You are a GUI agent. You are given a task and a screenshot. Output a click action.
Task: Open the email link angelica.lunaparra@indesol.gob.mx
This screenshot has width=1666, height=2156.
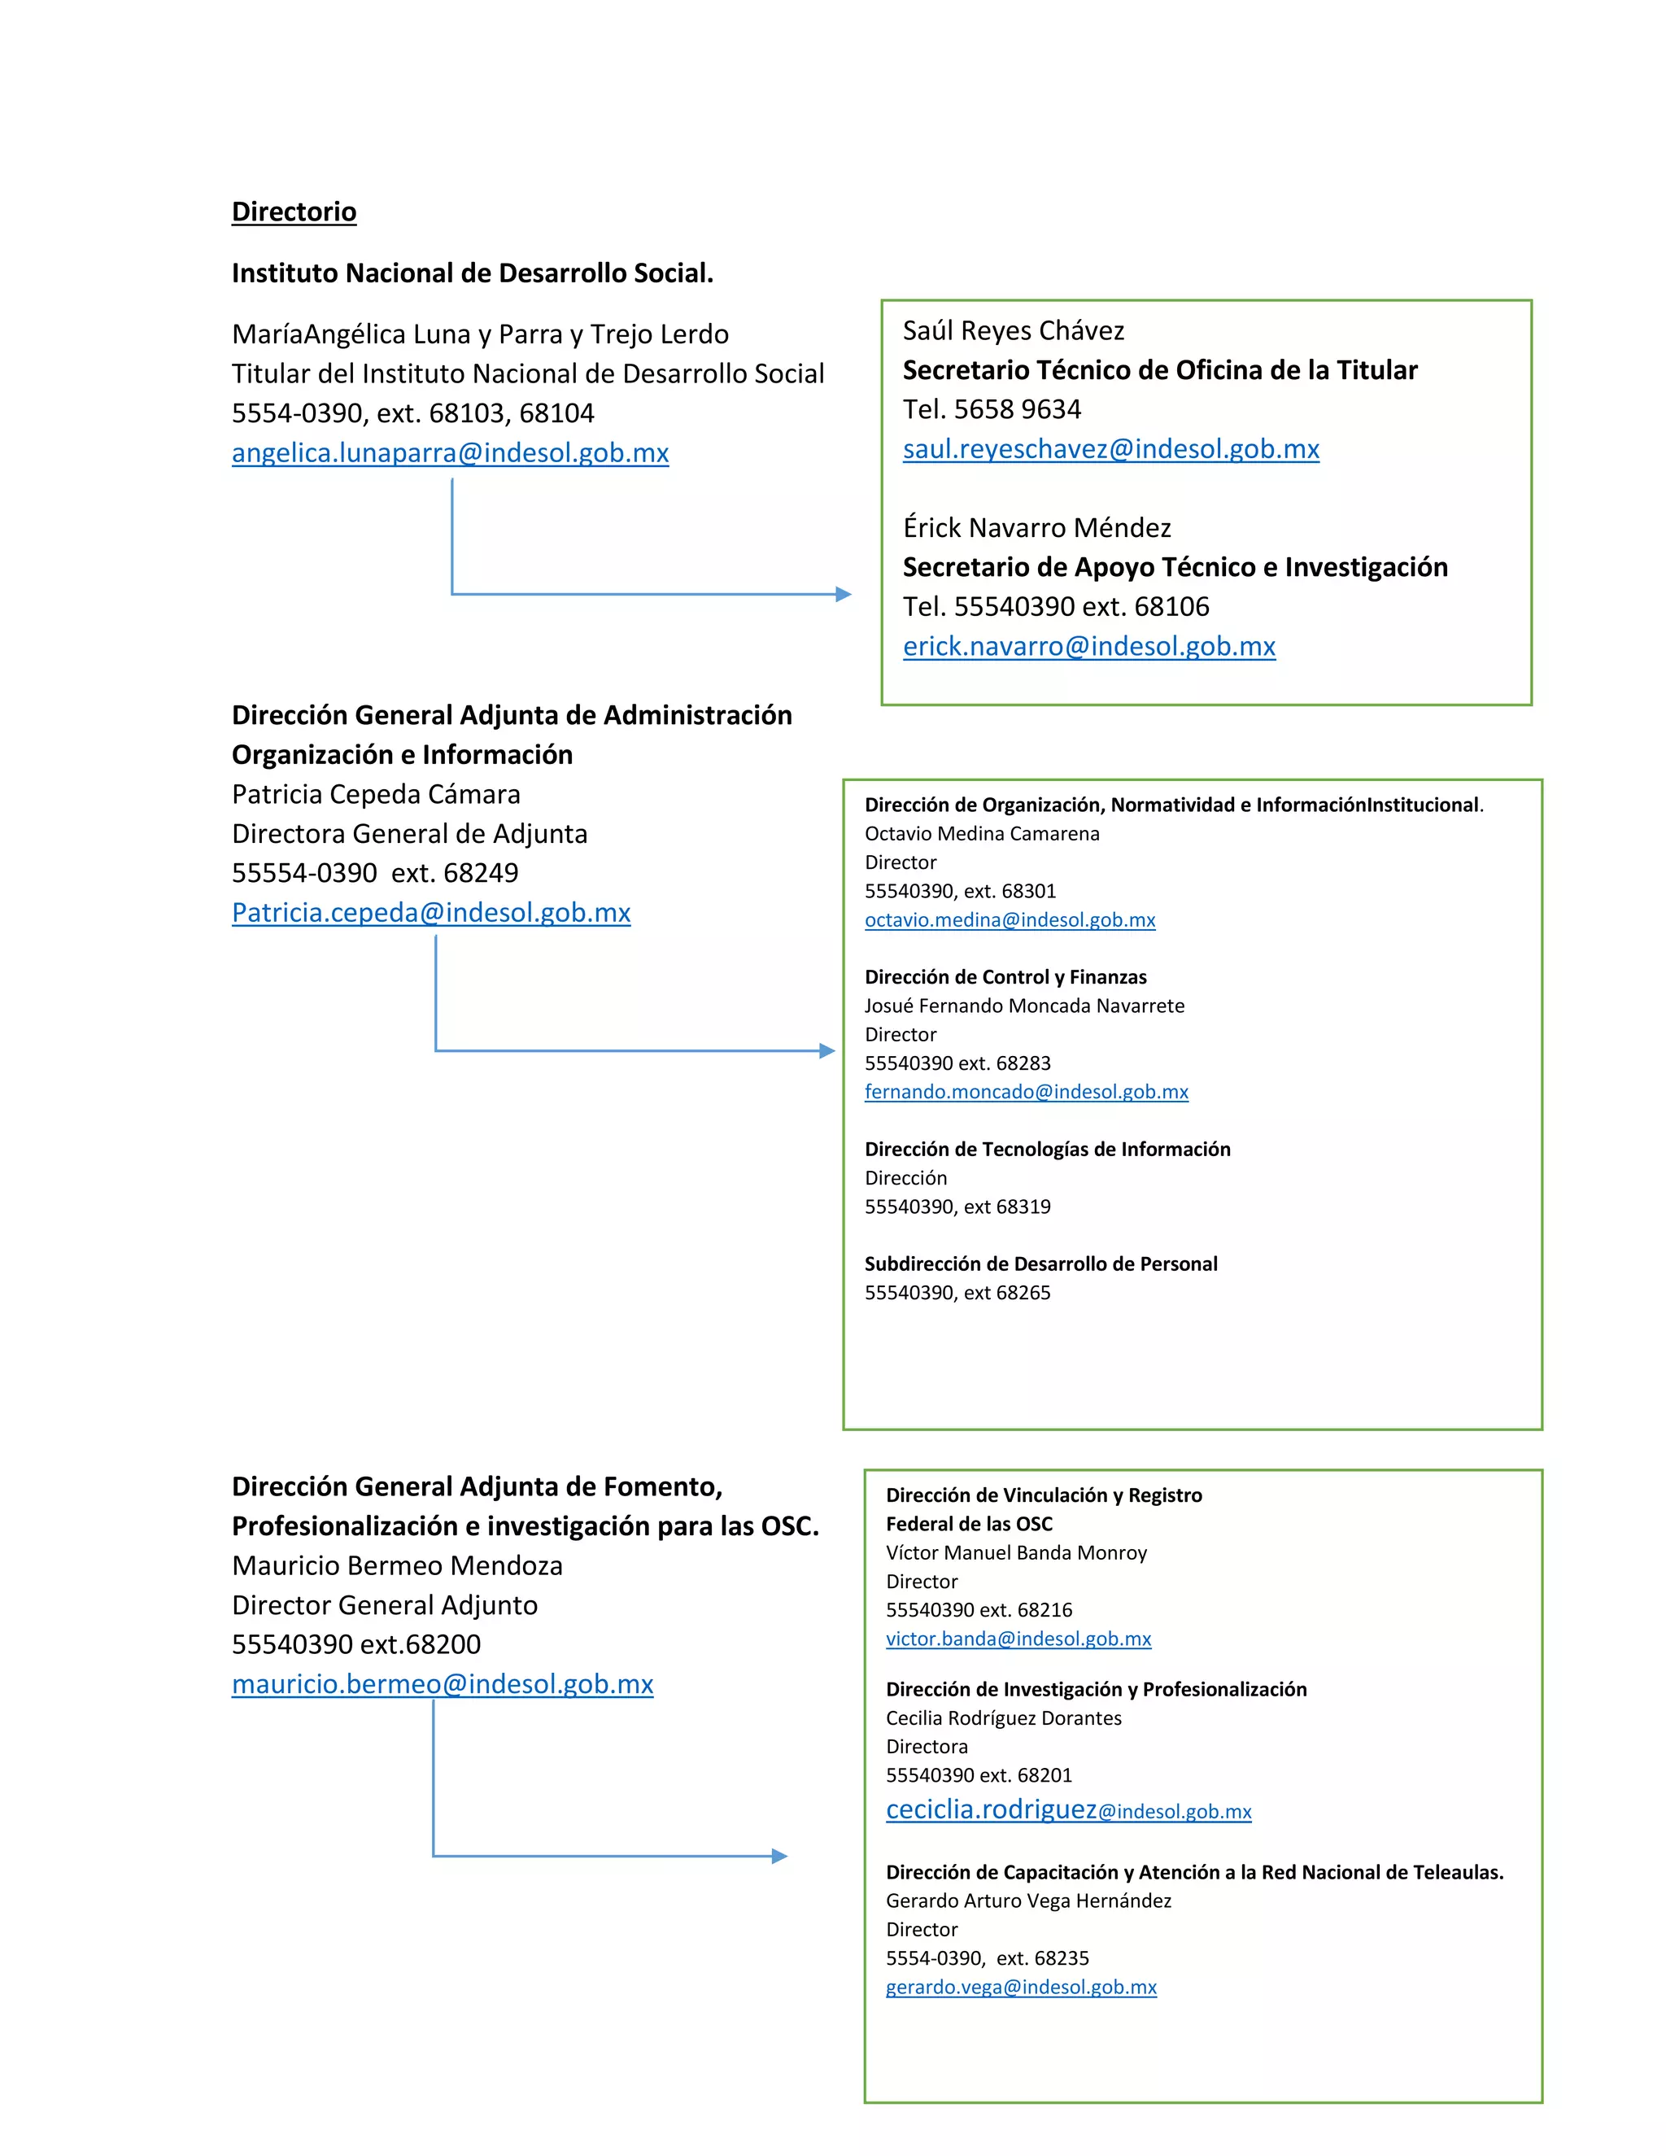450,453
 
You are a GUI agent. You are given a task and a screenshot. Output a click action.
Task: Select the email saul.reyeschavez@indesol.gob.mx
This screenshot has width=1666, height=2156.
1110,449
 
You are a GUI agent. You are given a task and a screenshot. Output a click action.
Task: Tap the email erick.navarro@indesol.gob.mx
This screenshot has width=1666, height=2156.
1088,647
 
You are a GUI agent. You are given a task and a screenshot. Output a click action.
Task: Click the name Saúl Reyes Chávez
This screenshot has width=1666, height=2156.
1013,330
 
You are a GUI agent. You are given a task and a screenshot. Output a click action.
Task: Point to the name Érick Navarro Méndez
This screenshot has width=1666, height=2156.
1036,528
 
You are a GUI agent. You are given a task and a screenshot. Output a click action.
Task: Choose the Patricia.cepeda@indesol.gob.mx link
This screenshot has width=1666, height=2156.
430,913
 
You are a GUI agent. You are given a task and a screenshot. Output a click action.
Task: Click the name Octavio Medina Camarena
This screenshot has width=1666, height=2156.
981,834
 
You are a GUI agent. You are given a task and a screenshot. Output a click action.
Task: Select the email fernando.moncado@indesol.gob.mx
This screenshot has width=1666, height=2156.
1026,1092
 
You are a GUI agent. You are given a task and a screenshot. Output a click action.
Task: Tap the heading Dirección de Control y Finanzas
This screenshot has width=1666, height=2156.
1005,977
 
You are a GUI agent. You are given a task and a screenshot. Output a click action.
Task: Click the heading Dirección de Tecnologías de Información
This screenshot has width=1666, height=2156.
1047,1149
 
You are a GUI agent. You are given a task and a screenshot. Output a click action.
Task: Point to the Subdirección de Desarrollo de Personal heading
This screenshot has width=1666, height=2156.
1040,1263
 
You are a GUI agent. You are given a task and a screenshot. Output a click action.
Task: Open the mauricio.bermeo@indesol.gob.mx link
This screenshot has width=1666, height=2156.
443,1684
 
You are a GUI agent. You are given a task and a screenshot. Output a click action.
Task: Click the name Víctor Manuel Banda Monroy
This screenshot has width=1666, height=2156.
1015,1553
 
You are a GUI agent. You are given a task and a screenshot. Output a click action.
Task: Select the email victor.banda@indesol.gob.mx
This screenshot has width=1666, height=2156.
1018,1639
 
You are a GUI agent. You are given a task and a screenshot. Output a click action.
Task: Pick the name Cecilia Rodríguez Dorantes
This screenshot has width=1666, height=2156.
1003,1717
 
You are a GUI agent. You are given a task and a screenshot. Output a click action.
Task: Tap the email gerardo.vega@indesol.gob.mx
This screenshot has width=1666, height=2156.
1021,1988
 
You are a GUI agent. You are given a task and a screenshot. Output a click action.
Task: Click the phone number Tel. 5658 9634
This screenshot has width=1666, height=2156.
991,410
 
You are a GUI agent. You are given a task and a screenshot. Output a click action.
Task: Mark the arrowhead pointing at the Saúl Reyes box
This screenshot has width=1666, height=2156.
843,594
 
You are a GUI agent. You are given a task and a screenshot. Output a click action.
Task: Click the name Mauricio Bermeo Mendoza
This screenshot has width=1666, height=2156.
397,1565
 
